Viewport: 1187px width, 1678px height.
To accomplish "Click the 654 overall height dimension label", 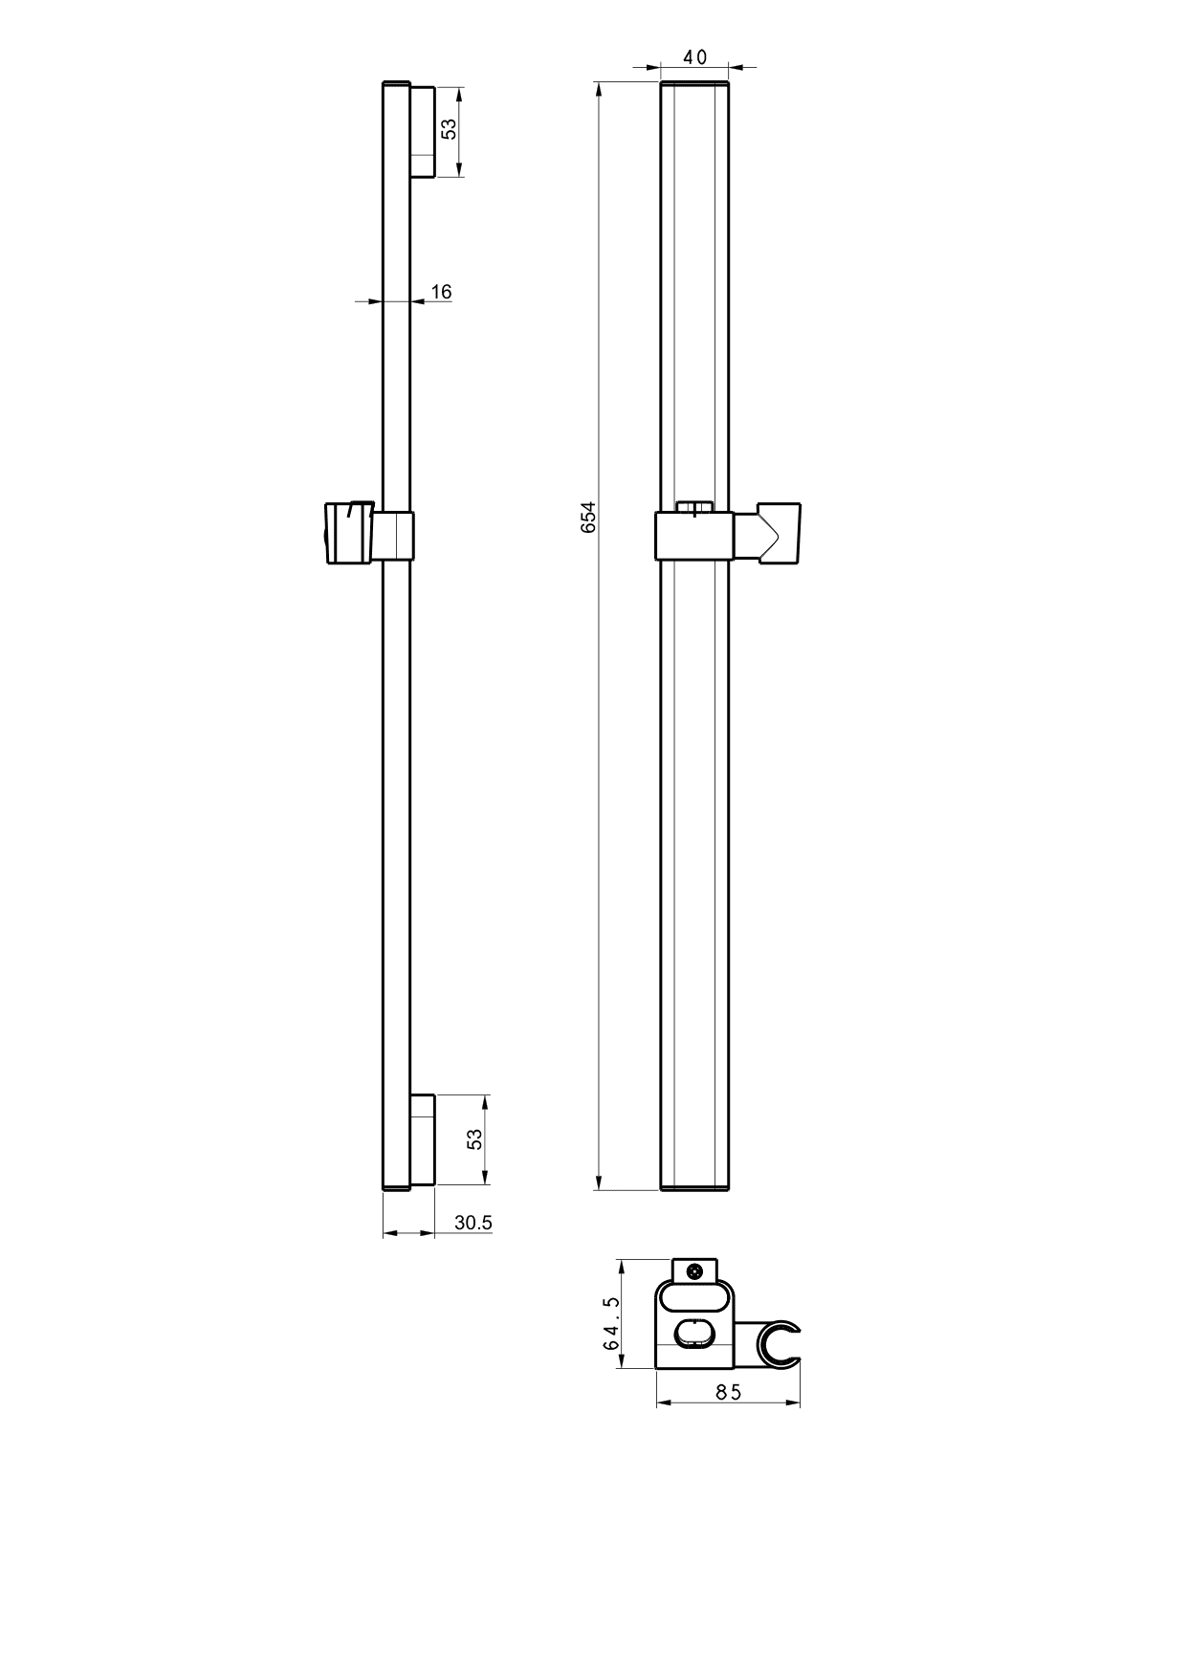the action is click(x=588, y=517).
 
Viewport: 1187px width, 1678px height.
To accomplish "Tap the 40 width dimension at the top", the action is click(x=695, y=57).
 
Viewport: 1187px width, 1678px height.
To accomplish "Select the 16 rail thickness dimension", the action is click(x=441, y=292).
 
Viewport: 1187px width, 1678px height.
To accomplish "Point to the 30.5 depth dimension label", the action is click(x=473, y=1223).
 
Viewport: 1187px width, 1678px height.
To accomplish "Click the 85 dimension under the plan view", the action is click(x=729, y=1393).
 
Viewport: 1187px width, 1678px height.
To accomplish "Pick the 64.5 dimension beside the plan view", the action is click(x=611, y=1323).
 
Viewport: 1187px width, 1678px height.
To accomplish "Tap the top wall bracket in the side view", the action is click(x=423, y=132).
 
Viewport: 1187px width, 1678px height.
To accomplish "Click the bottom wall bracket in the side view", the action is click(x=423, y=1141).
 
